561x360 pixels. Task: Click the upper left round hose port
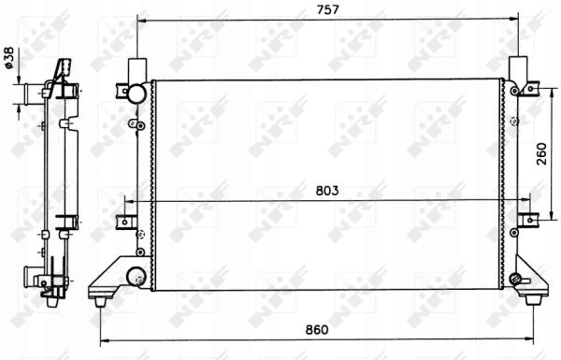[137, 93]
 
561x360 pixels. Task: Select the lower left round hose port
[137, 277]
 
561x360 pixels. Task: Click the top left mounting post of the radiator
[137, 69]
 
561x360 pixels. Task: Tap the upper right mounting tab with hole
[528, 89]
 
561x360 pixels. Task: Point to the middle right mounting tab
[528, 221]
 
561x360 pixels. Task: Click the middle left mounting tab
[125, 221]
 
